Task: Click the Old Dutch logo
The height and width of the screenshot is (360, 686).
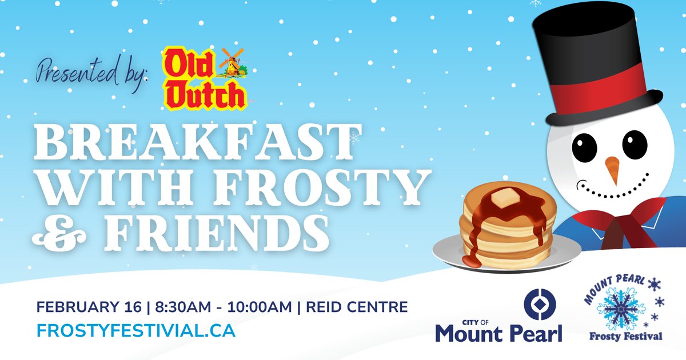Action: tap(204, 79)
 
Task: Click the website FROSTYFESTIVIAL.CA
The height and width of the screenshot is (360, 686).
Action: tap(135, 330)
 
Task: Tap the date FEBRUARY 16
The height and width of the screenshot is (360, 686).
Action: tap(89, 307)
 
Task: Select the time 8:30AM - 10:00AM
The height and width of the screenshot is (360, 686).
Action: tap(222, 307)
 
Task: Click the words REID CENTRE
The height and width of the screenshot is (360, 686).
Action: tap(357, 307)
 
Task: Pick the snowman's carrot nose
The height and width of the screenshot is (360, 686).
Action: tap(612, 169)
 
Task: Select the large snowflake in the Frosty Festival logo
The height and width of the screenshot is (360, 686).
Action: tap(621, 308)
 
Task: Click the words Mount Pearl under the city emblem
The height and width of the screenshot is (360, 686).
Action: tap(498, 332)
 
